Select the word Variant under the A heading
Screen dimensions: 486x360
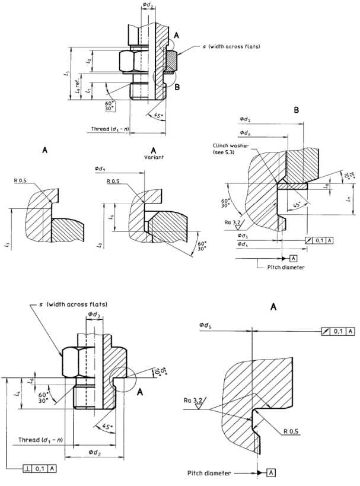(153, 158)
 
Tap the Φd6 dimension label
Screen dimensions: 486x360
(246, 132)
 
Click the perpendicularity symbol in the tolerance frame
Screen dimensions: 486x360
(27, 469)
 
